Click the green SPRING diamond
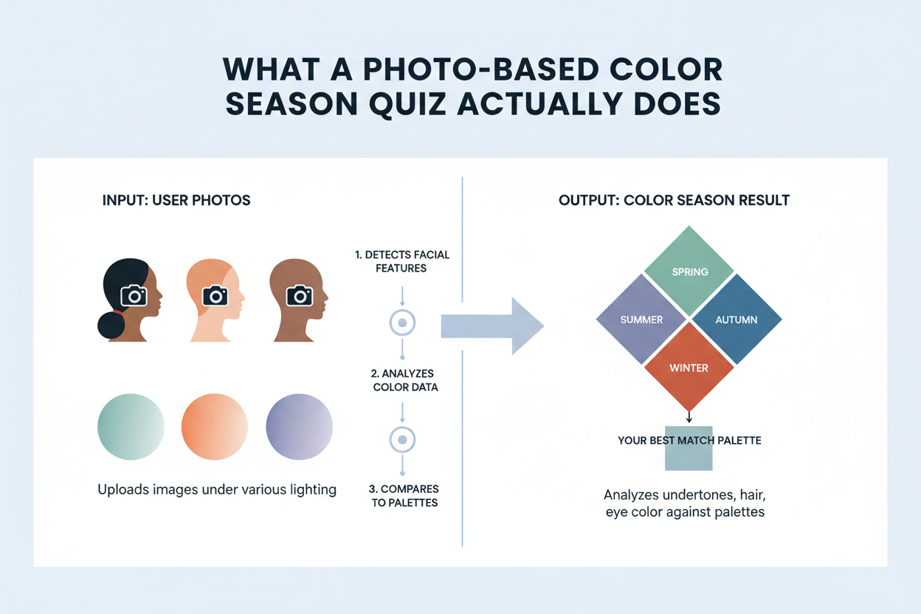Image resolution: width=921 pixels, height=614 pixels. click(x=689, y=270)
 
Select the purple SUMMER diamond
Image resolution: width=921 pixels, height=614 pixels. click(x=642, y=320)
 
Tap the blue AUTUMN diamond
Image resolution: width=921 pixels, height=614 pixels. click(x=736, y=320)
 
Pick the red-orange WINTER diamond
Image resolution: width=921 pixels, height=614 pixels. click(x=689, y=367)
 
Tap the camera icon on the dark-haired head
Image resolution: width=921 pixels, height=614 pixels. click(x=134, y=296)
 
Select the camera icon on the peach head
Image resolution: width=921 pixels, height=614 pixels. click(x=215, y=296)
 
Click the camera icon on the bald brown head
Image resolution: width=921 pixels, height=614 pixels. click(x=300, y=296)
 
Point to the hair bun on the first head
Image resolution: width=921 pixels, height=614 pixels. click(x=111, y=325)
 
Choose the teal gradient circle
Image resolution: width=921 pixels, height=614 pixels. click(x=131, y=427)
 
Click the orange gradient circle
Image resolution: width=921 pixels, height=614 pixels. click(x=215, y=427)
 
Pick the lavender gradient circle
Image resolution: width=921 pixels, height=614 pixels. click(x=299, y=427)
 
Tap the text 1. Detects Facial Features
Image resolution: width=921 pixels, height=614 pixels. click(x=401, y=261)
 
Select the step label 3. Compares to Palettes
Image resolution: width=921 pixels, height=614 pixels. click(x=403, y=495)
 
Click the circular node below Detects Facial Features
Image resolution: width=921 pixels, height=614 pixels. click(x=402, y=322)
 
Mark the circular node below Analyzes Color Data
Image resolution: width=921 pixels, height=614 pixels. click(x=402, y=439)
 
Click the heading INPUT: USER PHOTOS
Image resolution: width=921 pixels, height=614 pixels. click(x=176, y=201)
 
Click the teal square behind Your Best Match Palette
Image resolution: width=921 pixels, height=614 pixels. click(x=689, y=458)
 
